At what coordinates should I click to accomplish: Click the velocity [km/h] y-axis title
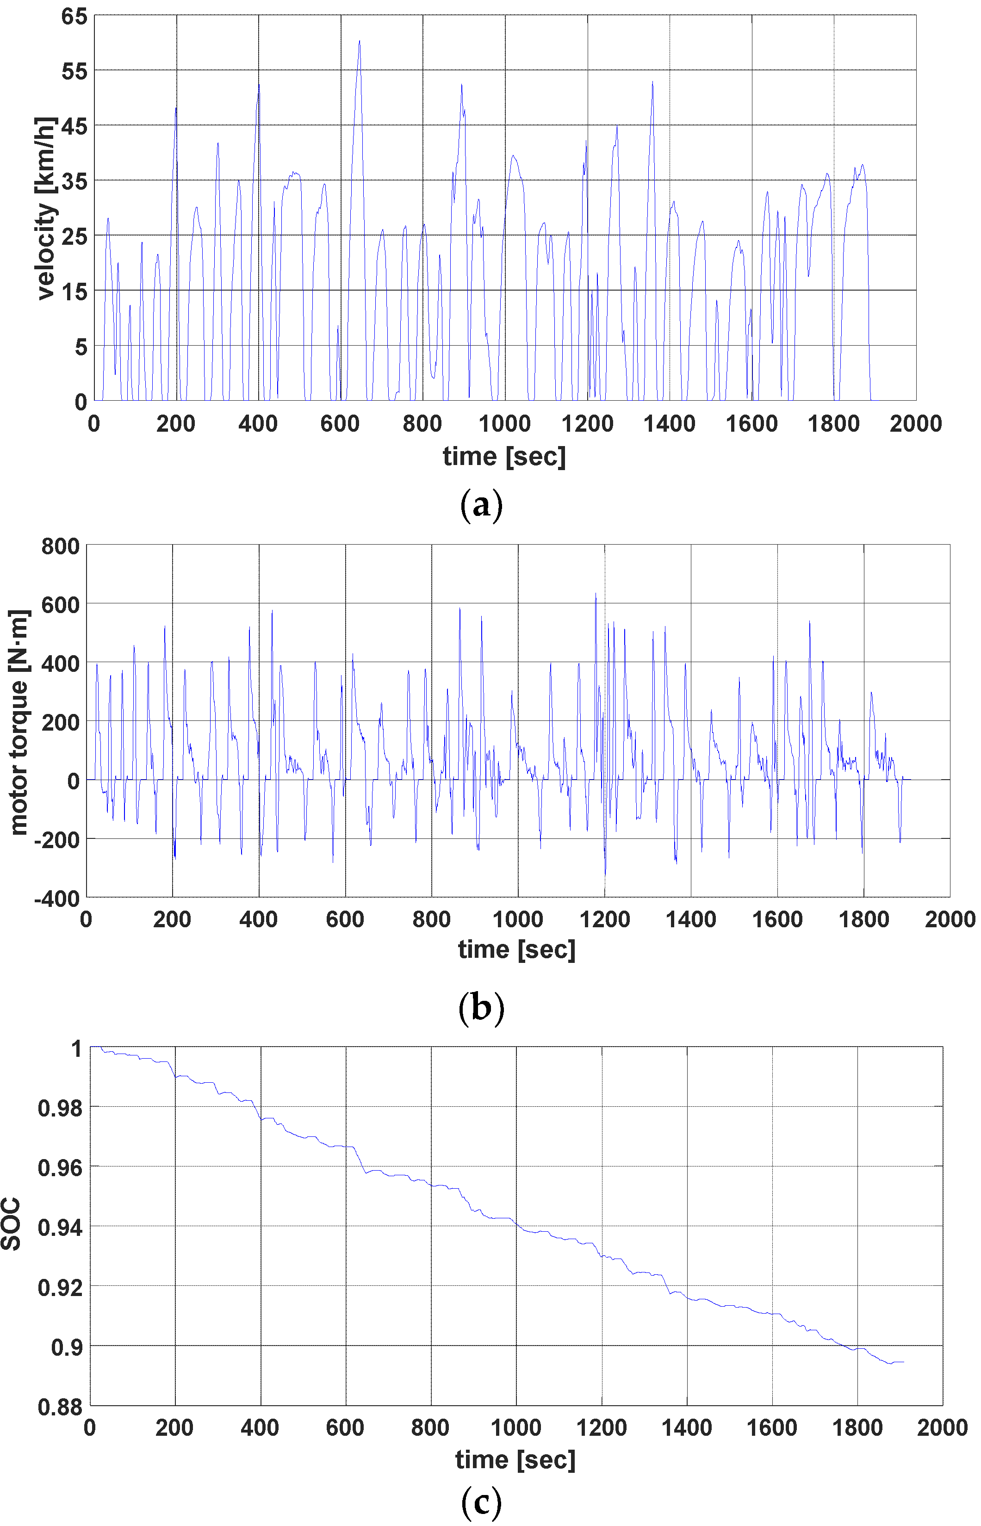click(x=46, y=208)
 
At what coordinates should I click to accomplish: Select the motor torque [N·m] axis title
click(x=19, y=722)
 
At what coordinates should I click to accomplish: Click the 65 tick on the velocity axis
click(x=74, y=16)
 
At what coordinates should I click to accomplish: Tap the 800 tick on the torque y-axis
click(x=61, y=546)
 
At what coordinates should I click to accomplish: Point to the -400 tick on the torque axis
click(x=57, y=899)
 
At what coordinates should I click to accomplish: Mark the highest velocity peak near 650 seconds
click(x=359, y=41)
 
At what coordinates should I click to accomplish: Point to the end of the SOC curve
click(x=903, y=1362)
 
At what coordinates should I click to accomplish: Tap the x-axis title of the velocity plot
click(x=504, y=457)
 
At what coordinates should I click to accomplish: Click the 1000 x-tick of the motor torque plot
click(x=518, y=919)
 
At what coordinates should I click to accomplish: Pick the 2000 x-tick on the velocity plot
click(x=915, y=423)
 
